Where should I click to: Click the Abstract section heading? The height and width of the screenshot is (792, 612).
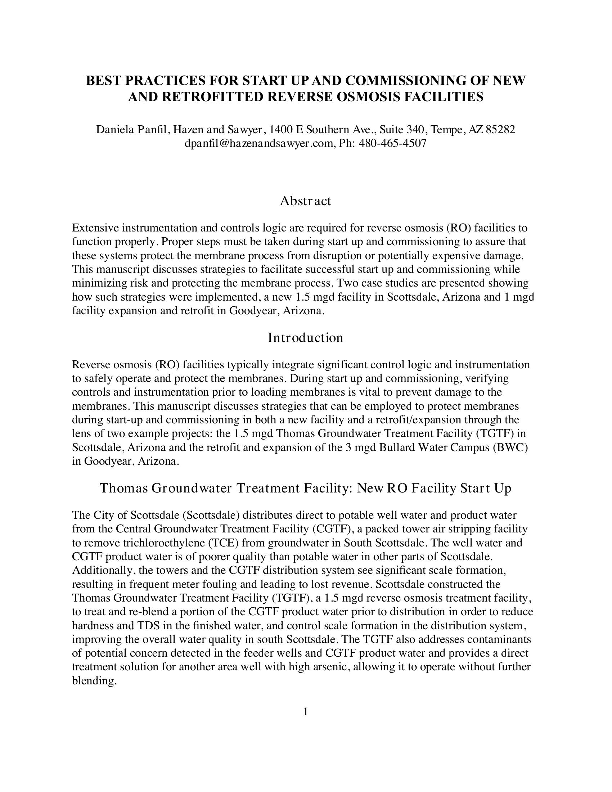pos(305,201)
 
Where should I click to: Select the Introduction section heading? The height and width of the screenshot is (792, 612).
pos(305,338)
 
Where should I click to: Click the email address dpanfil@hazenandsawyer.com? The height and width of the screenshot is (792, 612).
pos(258,144)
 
